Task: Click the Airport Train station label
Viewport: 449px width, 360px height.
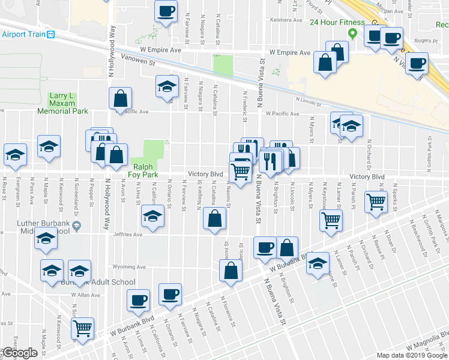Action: point(23,34)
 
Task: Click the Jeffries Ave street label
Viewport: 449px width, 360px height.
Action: point(128,236)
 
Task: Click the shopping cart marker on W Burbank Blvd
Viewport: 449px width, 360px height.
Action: point(82,328)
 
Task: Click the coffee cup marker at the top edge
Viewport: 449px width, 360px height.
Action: point(166,10)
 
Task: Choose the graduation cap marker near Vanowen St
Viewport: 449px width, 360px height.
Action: point(167,86)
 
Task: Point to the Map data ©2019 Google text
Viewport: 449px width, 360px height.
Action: point(411,355)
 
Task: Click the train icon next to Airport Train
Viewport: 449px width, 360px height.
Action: point(52,34)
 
